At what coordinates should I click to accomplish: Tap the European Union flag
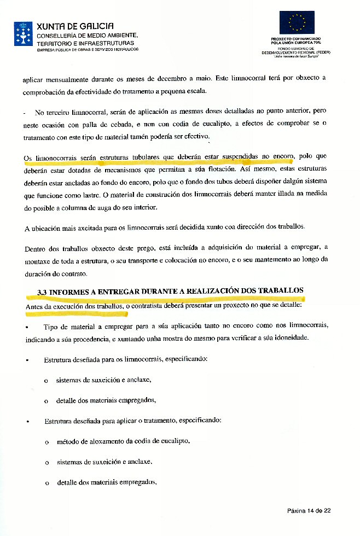[297, 22]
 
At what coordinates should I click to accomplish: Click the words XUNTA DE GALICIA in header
[75, 26]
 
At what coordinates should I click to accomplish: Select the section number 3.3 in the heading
[41, 292]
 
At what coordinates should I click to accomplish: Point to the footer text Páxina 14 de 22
[309, 510]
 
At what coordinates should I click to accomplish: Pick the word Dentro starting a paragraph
[35, 249]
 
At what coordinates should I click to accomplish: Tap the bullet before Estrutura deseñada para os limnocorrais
[27, 361]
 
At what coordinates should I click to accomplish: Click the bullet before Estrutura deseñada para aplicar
[27, 422]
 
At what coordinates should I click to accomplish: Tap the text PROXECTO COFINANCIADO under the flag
[296, 39]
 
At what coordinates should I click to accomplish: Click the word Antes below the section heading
[34, 307]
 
